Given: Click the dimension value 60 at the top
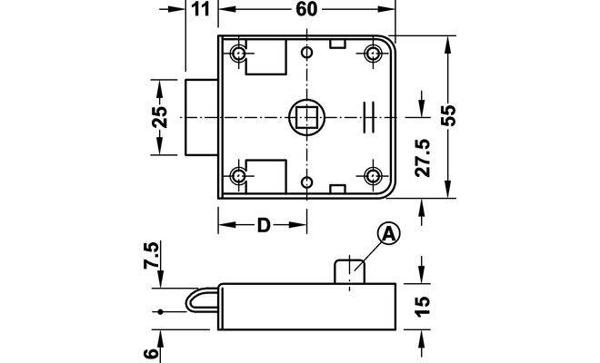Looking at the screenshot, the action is pos(306,9).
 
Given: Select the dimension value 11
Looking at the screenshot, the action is pos(200,9).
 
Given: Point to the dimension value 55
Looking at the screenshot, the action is pos(448,115).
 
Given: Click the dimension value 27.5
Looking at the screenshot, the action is pos(424,158).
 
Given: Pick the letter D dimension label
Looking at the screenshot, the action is pos(264,225).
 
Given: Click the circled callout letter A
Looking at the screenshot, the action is pos(389,234).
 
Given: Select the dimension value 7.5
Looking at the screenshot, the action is pos(152,255).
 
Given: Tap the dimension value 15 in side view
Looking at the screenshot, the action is pos(423,306).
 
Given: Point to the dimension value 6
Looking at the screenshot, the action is pos(152,353).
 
